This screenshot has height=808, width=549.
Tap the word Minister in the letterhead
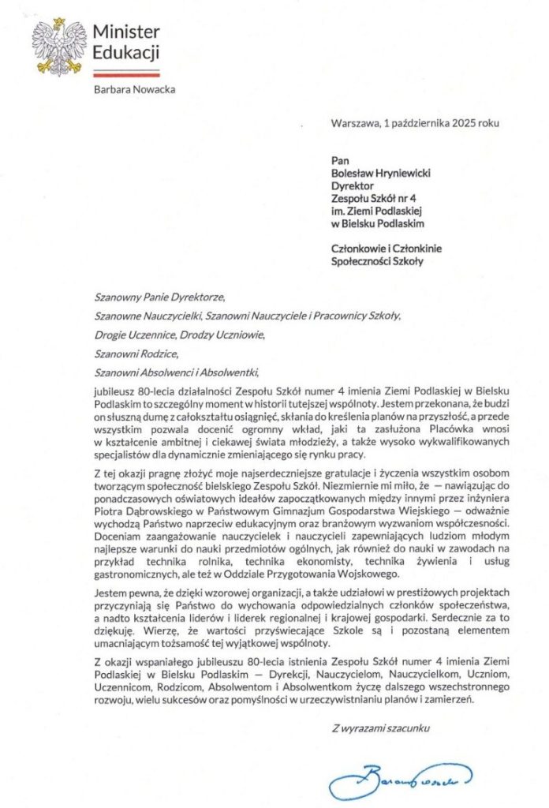[x=126, y=31]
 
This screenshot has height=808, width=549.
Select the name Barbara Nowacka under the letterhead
[x=134, y=89]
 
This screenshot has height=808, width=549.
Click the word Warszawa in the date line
[x=354, y=123]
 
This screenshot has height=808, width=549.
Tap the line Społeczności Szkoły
[x=377, y=261]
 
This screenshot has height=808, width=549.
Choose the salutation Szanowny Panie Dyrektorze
[x=159, y=298]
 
